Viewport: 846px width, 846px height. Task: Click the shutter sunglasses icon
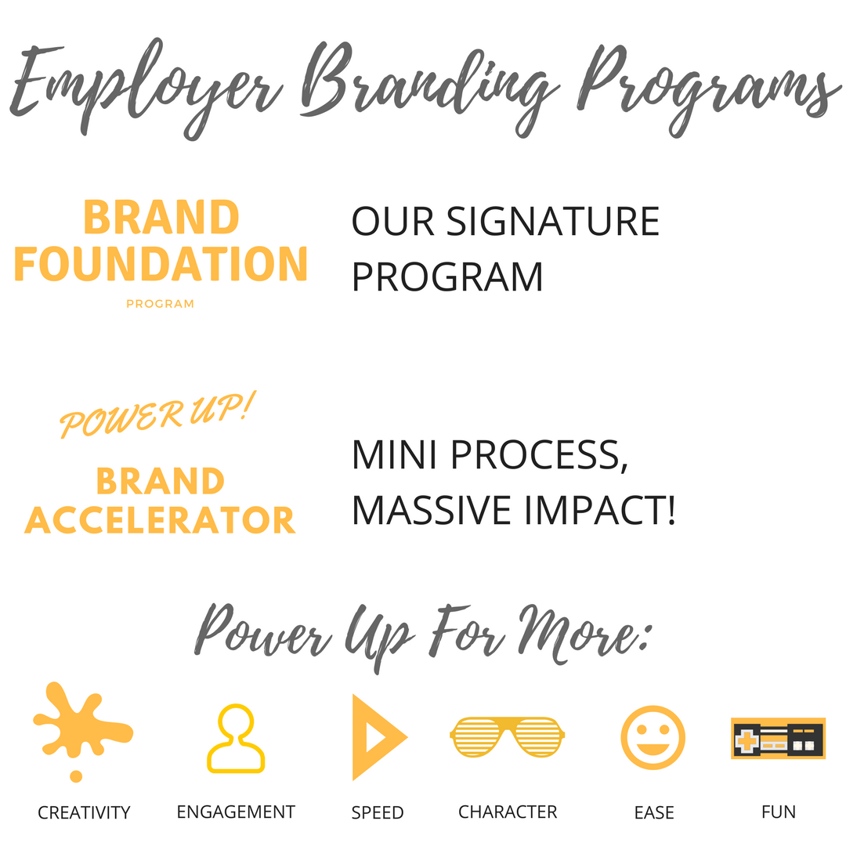click(x=507, y=737)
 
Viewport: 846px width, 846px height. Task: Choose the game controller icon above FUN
click(x=778, y=738)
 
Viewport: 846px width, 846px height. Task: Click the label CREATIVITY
click(x=84, y=812)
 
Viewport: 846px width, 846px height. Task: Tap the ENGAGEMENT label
click(x=236, y=812)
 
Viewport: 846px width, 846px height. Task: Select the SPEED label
click(x=377, y=812)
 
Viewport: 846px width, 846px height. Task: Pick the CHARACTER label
click(x=507, y=812)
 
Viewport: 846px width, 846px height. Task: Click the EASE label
click(x=654, y=812)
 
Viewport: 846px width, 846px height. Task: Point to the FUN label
click(x=779, y=812)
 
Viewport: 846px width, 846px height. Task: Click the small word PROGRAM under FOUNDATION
click(x=161, y=304)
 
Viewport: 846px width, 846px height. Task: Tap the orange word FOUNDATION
click(x=161, y=264)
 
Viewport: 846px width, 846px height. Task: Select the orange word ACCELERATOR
click(x=161, y=520)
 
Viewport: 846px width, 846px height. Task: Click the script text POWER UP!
click(x=157, y=414)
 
